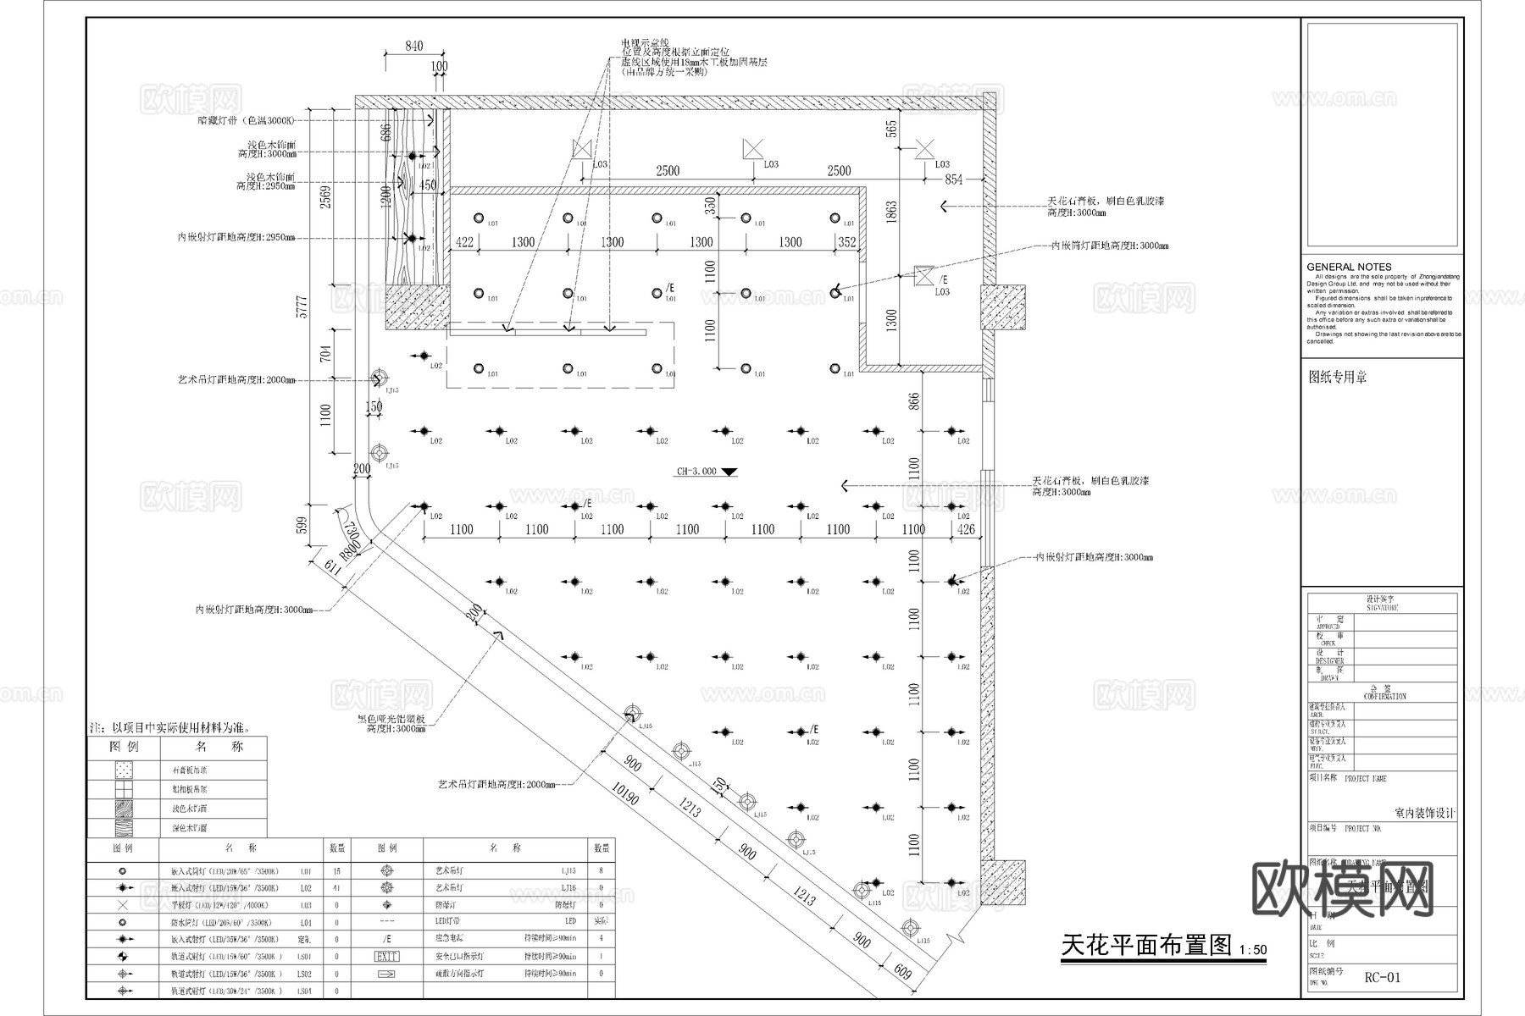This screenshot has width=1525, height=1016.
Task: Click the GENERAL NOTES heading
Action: tap(1349, 267)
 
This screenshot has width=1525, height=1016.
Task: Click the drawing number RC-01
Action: tap(1383, 978)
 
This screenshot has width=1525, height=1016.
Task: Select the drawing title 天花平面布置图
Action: tap(1146, 946)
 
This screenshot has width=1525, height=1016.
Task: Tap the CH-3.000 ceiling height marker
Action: tap(696, 472)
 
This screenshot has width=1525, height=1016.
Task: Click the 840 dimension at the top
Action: tap(413, 47)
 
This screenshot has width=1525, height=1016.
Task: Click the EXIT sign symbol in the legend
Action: tap(386, 956)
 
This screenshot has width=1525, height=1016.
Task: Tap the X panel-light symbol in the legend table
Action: tap(123, 904)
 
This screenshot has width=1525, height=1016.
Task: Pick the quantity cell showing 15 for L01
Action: tap(336, 870)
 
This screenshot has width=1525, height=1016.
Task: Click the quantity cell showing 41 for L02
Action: tap(336, 888)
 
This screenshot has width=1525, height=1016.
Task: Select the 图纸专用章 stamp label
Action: tap(1338, 378)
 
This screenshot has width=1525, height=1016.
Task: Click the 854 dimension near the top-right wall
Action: tap(954, 179)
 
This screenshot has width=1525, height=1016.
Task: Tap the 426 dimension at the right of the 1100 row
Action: tap(966, 530)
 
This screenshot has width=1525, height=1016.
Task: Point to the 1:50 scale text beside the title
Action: tap(1252, 950)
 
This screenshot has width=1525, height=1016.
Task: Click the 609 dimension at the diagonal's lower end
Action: tap(903, 975)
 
